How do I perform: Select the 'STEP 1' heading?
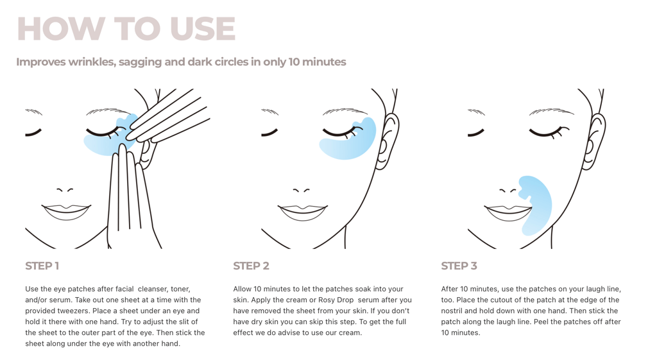point(42,266)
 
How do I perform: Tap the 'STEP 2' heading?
point(251,266)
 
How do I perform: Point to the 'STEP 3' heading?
point(459,266)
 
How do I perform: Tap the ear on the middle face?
point(387,141)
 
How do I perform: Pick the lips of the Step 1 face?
point(66,212)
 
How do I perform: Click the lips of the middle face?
point(303,212)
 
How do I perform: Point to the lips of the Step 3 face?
point(509,212)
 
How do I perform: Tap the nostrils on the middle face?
point(302,191)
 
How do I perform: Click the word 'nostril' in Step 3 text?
point(452,311)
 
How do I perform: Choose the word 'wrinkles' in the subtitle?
point(91,62)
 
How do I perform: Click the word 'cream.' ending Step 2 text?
point(351,333)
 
